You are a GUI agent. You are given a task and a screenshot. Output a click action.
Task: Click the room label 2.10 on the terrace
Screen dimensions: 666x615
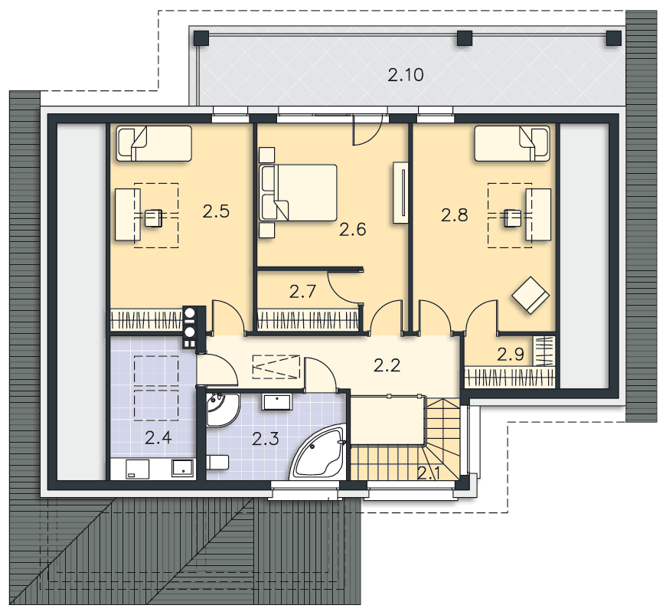click(406, 75)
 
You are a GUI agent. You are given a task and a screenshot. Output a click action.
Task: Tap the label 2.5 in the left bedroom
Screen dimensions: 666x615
click(216, 211)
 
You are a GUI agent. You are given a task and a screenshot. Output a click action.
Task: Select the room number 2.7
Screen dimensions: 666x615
click(302, 292)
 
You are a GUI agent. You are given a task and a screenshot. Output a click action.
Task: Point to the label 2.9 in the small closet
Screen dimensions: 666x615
click(510, 354)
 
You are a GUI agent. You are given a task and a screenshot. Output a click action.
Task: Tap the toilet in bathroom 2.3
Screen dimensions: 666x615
click(218, 463)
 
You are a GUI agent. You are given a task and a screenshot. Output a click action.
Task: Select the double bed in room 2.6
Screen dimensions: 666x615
click(298, 193)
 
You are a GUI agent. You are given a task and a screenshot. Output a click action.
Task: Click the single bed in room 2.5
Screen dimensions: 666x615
click(154, 143)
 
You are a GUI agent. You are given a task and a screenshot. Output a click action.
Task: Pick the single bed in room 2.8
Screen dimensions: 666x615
click(512, 143)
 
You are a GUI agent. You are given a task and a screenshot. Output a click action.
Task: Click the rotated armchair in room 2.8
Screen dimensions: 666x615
click(531, 295)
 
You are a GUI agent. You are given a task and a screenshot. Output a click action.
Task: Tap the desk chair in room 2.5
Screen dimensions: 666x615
click(153, 218)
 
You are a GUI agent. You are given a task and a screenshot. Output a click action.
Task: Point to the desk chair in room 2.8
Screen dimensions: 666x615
click(513, 218)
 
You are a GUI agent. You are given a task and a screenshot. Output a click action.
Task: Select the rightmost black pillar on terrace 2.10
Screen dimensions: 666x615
click(613, 38)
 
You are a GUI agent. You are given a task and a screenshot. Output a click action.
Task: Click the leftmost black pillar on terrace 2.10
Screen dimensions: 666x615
click(201, 38)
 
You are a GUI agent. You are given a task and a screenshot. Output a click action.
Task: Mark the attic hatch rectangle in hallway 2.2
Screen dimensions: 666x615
click(276, 367)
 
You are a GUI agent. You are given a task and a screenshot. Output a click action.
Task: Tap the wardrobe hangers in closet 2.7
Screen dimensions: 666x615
click(307, 320)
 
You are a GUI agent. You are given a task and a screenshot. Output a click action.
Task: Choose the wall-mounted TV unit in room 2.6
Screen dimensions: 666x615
click(400, 192)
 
